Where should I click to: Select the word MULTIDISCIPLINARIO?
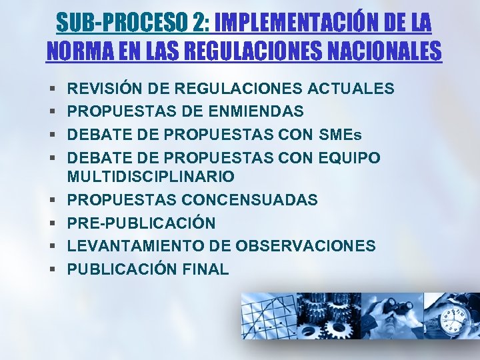point(151,177)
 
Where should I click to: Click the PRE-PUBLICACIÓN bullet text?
point(141,223)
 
